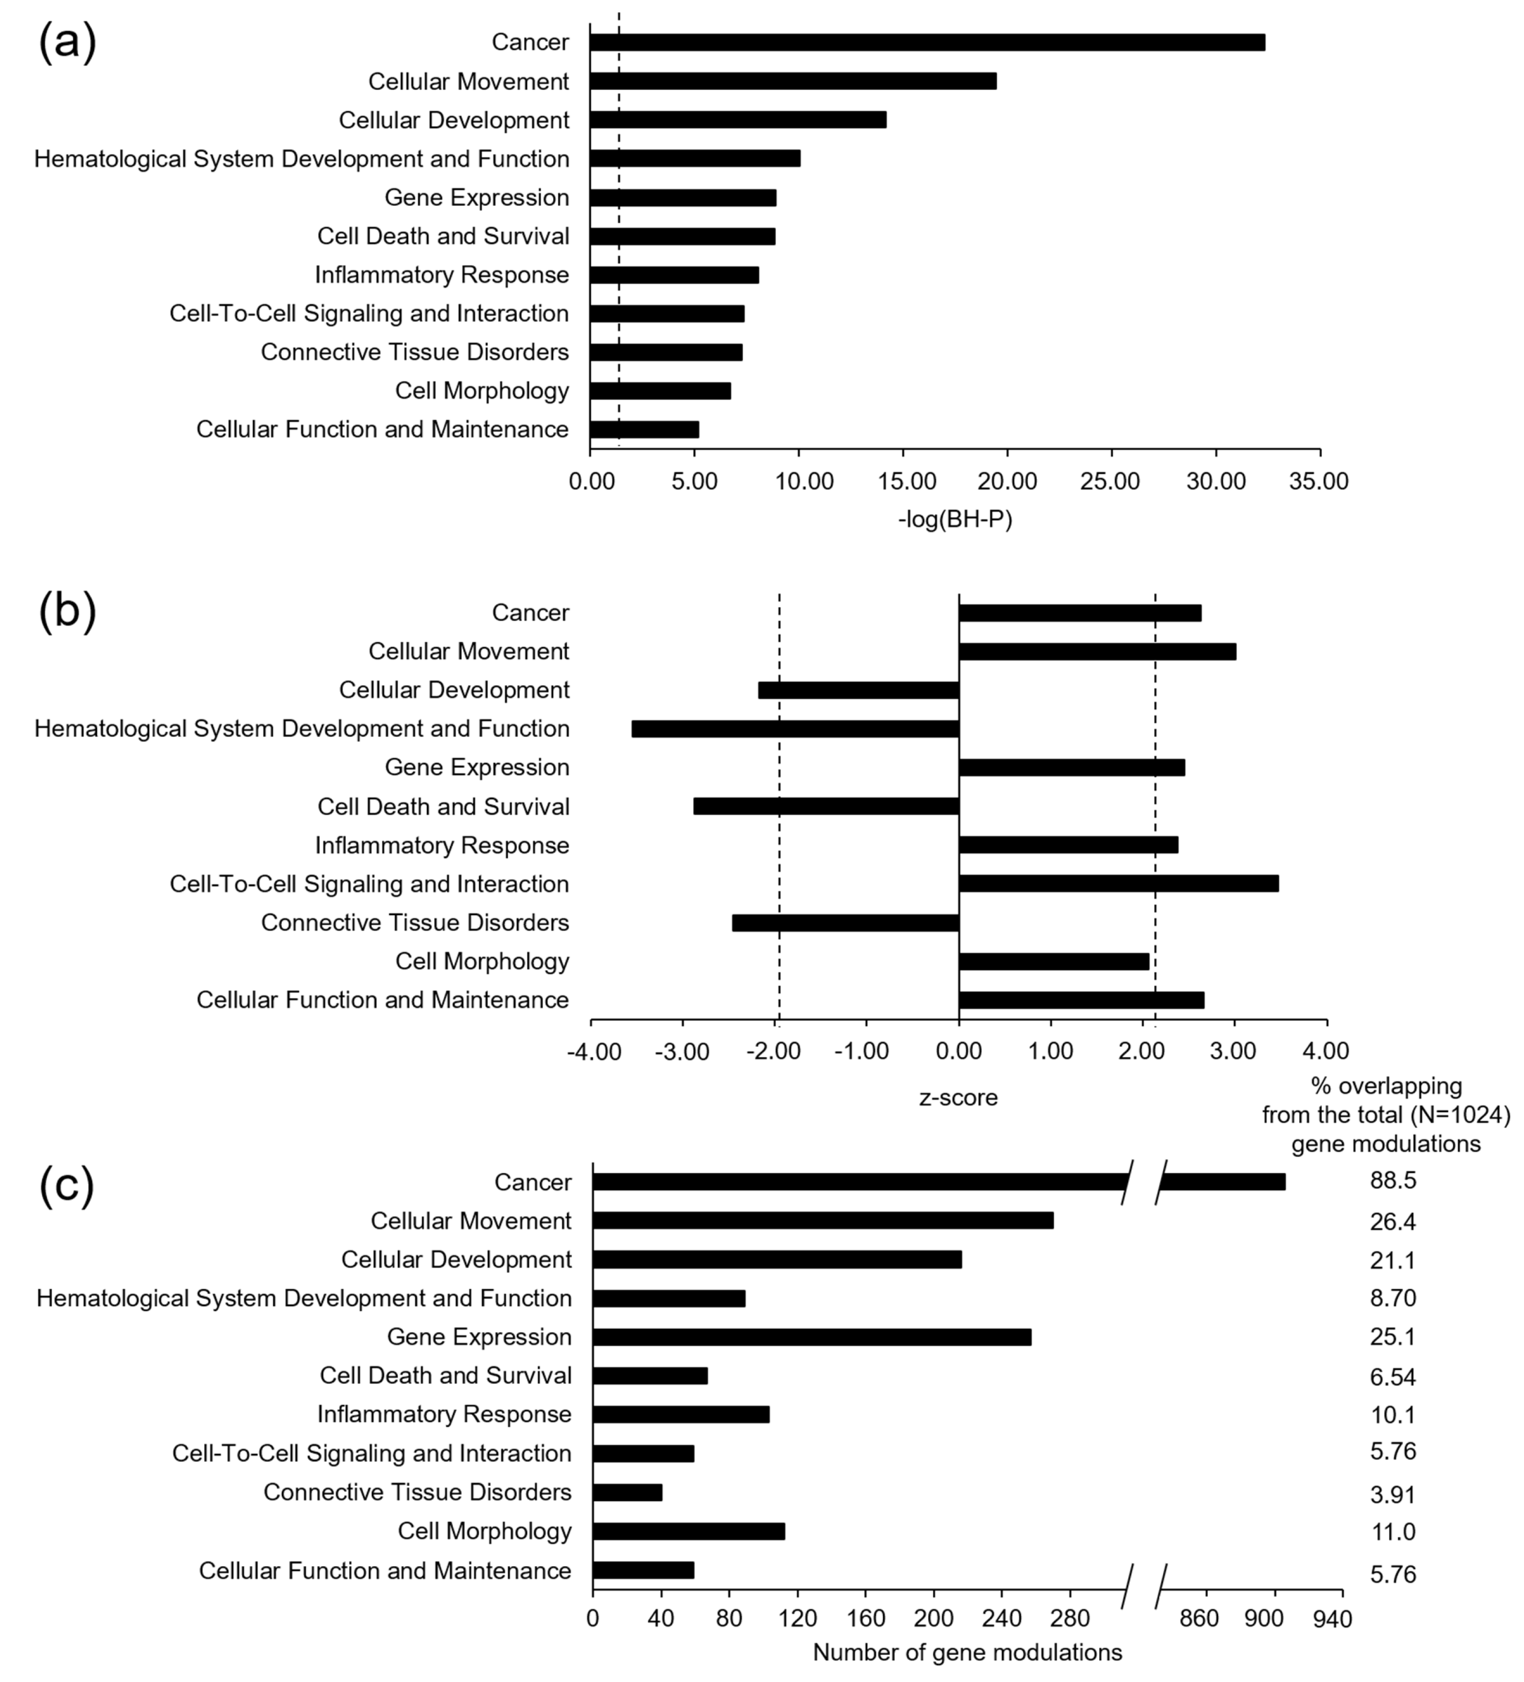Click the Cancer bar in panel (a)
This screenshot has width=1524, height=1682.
pos(926,42)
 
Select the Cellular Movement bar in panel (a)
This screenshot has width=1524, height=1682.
pos(793,81)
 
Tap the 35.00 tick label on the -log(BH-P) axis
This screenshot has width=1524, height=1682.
pos(1319,482)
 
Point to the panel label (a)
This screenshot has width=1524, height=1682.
pos(67,42)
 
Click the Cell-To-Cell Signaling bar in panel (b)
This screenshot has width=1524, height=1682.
pos(1118,883)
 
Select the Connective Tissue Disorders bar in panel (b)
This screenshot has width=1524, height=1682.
pos(845,923)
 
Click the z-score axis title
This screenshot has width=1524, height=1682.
pos(958,1097)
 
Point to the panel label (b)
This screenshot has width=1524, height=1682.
pos(67,612)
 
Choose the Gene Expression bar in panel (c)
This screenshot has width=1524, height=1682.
pos(811,1337)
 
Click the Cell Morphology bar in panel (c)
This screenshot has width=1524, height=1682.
pos(688,1531)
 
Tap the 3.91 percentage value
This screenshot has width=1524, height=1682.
pos(1392,1494)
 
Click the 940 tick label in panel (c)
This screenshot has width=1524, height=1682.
pos(1332,1619)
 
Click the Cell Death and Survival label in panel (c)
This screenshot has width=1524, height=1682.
pos(446,1376)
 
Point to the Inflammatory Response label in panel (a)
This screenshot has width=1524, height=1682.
pos(441,275)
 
